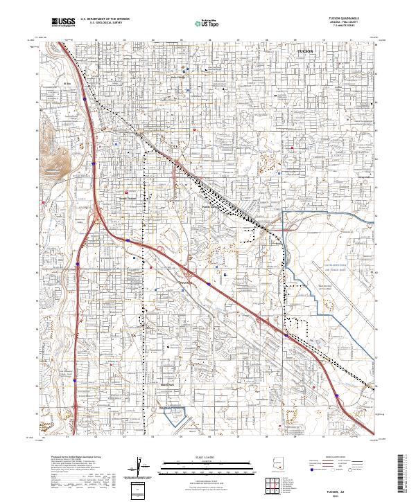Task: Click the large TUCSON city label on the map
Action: point(305,52)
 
